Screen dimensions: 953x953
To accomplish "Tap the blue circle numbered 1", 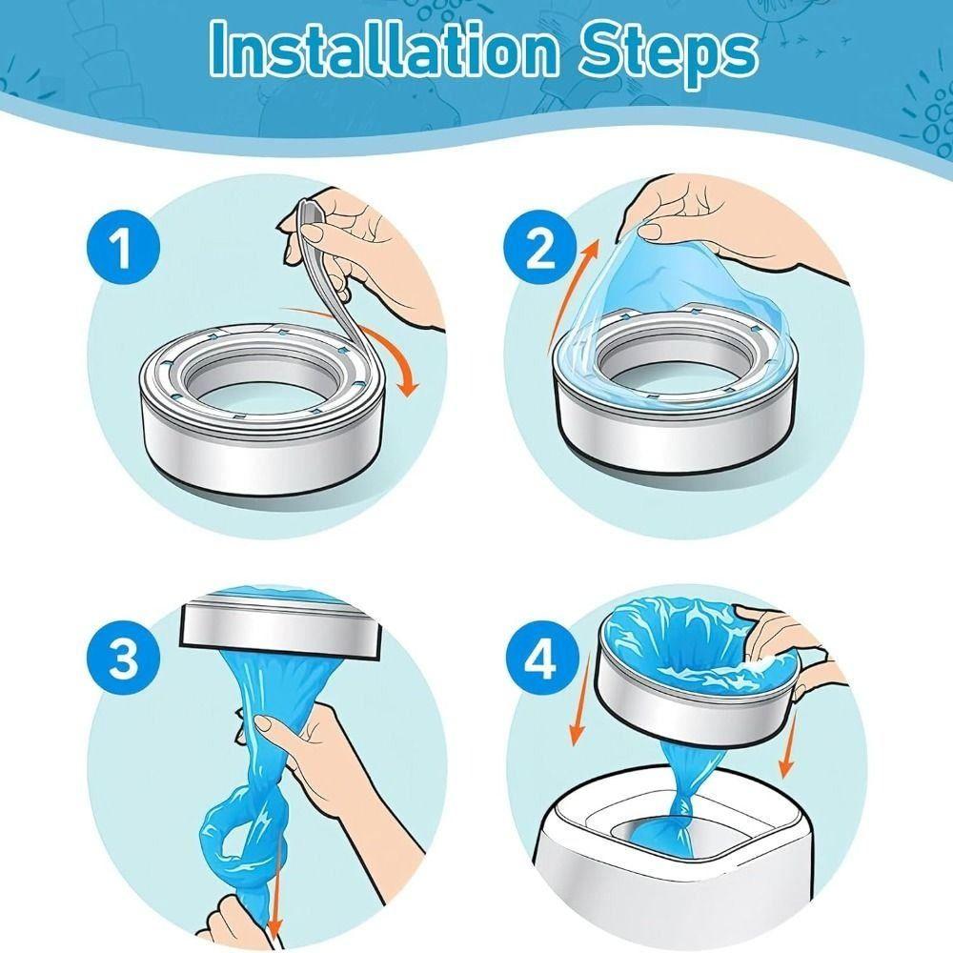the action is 123,247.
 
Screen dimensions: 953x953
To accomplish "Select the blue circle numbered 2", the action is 540,248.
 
